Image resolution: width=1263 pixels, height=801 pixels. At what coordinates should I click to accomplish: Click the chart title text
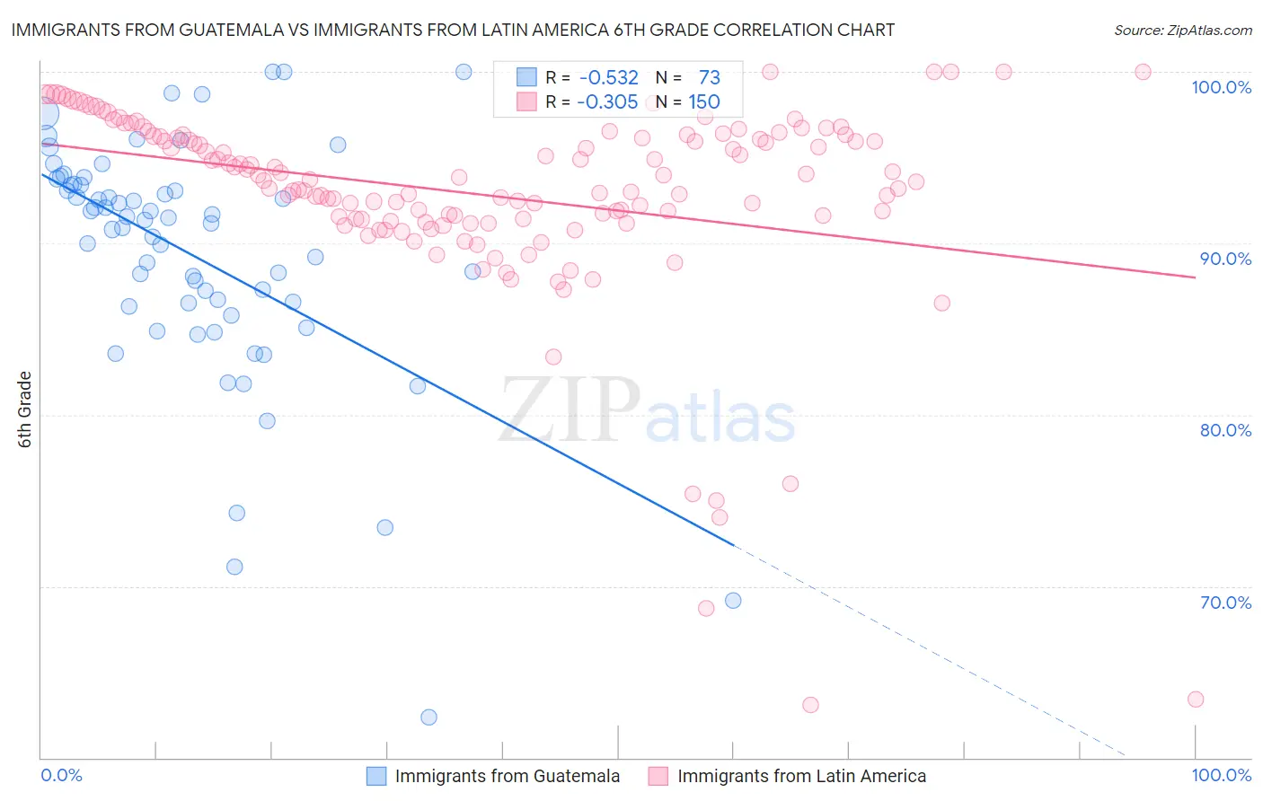(x=452, y=30)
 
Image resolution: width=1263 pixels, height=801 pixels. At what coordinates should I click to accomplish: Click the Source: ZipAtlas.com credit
(x=1182, y=30)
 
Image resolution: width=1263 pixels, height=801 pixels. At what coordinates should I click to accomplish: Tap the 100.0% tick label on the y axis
(x=1221, y=87)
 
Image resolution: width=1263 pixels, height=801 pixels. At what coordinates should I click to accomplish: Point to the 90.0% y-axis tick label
(x=1225, y=259)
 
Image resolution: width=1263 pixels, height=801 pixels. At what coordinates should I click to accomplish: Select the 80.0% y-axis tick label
(x=1225, y=430)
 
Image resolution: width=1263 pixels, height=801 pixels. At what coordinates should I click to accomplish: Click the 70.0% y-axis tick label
(x=1225, y=603)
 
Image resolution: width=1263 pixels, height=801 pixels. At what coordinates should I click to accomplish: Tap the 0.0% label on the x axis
(x=61, y=775)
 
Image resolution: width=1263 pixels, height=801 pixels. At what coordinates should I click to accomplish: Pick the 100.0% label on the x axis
(x=1221, y=775)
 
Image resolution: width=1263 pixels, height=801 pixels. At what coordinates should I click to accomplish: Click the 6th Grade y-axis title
(x=25, y=409)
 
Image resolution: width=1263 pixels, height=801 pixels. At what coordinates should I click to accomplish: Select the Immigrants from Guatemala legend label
(x=507, y=776)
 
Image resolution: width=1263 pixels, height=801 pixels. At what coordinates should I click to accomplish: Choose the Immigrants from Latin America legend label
(x=801, y=776)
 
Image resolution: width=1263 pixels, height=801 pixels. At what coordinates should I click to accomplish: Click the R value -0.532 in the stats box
(x=608, y=78)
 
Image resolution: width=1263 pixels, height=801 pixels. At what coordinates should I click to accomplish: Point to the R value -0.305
(x=607, y=102)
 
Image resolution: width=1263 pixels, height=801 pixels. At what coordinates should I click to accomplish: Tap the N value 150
(x=704, y=102)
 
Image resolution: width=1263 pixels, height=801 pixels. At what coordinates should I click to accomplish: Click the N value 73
(x=709, y=78)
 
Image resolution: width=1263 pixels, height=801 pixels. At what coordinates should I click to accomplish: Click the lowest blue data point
(x=428, y=717)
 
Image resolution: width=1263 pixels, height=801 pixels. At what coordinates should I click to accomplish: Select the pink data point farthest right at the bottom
(x=1195, y=700)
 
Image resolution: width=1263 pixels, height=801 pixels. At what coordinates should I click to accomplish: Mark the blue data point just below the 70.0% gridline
(x=733, y=601)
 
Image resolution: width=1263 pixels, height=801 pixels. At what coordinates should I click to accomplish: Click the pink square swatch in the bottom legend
(x=658, y=776)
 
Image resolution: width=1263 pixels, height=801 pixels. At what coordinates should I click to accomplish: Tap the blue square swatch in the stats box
(x=526, y=78)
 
